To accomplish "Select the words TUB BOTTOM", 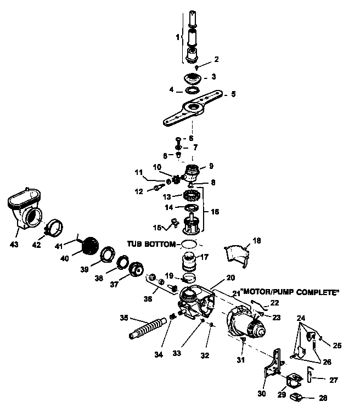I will (151, 243).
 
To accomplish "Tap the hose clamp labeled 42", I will (55, 227).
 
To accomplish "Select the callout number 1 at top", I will (177, 37).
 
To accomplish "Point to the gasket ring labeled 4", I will (193, 89).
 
